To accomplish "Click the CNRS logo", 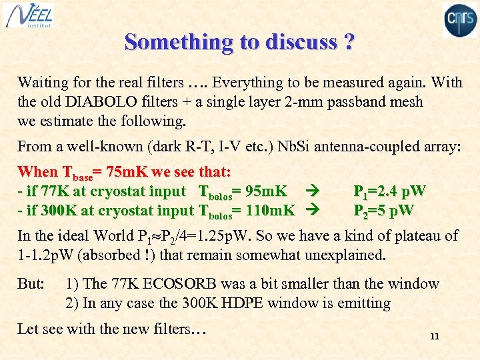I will (461, 19).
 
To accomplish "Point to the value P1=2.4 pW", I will (389, 192).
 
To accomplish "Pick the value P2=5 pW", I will (383, 211).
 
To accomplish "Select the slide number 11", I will (434, 336).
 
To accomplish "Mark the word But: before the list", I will (31, 283).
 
